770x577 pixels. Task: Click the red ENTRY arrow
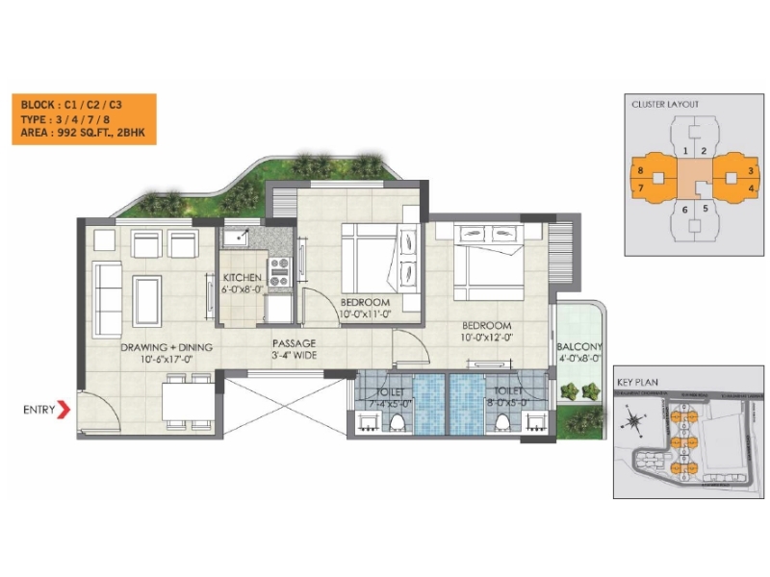pos(64,410)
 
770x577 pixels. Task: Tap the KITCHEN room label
pos(242,277)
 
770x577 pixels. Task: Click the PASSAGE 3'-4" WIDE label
pos(295,349)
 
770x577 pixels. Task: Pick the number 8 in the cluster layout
pos(641,170)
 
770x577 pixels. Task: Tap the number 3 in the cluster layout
pos(751,170)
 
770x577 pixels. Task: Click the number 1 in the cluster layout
pos(684,151)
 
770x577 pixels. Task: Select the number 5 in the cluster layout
pos(705,208)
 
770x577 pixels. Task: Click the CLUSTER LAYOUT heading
pos(665,104)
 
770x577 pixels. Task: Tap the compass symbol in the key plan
pos(632,419)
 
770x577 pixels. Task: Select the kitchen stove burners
pos(280,269)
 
